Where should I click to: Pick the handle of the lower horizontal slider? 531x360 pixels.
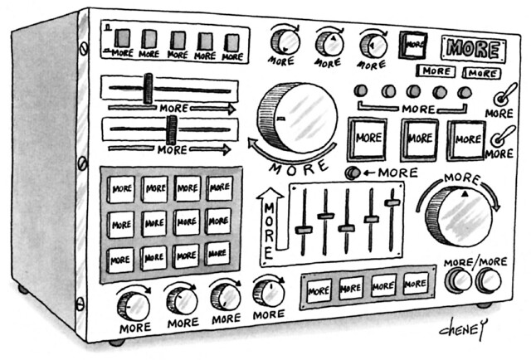172,129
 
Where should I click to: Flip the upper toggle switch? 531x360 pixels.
501,95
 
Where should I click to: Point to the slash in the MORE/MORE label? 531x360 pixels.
475,263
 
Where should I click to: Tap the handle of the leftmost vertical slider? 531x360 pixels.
304,230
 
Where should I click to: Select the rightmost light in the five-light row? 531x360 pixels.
465,91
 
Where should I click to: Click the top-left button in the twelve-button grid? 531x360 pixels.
121,188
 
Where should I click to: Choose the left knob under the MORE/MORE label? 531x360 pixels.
458,281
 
